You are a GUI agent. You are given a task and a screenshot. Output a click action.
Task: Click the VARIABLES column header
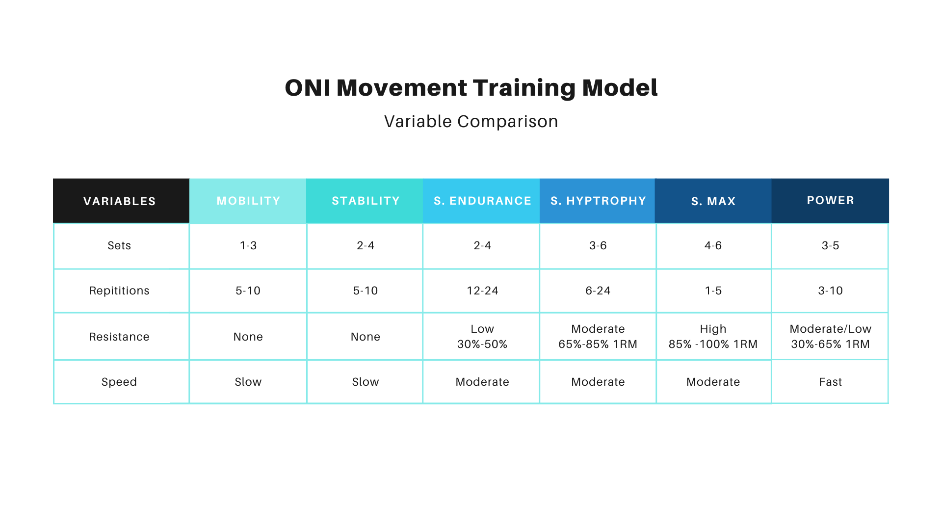120,201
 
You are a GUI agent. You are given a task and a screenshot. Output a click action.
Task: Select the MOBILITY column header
248,201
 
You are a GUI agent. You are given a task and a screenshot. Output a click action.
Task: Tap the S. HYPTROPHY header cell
598,201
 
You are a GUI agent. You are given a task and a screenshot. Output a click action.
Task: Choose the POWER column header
830,200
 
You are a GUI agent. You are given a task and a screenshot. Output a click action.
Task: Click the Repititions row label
119,291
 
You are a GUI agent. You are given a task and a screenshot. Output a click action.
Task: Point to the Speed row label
119,382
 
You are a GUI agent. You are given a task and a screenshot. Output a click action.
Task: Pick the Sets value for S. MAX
713,245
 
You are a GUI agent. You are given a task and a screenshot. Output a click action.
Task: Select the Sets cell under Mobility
248,245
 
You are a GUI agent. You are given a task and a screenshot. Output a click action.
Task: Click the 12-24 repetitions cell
482,291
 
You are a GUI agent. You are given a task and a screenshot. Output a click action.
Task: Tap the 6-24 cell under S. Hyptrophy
598,291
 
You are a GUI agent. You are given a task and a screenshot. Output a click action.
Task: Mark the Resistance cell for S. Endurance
482,337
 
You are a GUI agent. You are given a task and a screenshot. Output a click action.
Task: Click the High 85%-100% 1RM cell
713,337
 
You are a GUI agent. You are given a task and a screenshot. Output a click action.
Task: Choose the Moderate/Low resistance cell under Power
830,337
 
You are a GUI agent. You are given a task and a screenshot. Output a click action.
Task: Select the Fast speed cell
830,382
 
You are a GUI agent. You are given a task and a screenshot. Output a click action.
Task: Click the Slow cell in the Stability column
366,382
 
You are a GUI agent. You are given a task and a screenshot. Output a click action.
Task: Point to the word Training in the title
524,88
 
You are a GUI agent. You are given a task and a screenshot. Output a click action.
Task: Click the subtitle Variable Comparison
471,121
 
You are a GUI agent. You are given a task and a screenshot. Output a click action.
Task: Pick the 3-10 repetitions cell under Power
830,291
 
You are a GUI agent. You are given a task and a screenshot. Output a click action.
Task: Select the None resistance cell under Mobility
248,337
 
